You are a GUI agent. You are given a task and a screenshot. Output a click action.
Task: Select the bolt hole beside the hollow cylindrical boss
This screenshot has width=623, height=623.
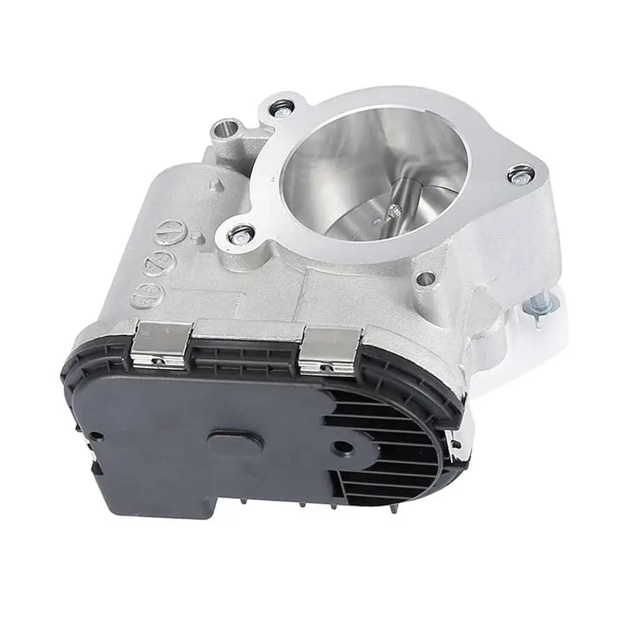pyautogui.click(x=282, y=108)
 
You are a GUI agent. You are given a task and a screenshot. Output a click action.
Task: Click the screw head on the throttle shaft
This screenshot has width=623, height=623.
pyautogui.click(x=394, y=210)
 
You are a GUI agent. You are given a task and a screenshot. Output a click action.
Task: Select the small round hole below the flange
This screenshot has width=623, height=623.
pyautogui.click(x=425, y=279)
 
